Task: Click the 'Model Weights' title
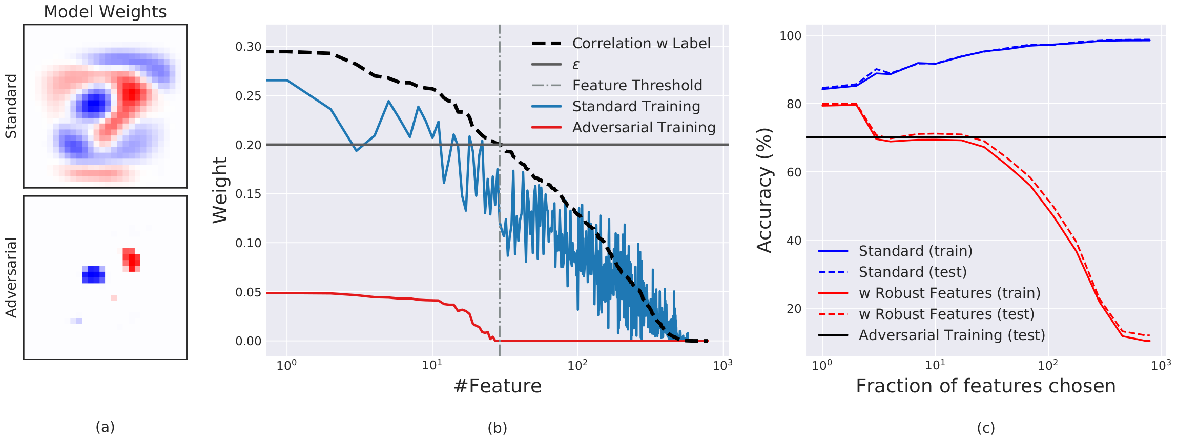[x=105, y=12]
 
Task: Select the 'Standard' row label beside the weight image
[x=11, y=106]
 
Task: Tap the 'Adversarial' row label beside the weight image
[x=11, y=277]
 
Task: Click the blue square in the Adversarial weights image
[x=93, y=274]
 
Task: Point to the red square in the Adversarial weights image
[x=132, y=260]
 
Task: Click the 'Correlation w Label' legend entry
[x=641, y=44]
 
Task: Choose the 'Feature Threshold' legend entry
[x=637, y=86]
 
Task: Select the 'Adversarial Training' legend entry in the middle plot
[x=644, y=128]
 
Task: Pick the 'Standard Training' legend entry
[x=636, y=107]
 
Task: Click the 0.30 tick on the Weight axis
[x=248, y=47]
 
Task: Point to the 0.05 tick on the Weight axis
[x=248, y=292]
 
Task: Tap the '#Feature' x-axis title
[x=498, y=386]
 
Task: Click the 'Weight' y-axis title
[x=220, y=190]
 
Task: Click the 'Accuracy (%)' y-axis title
[x=764, y=190]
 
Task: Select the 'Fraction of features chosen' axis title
[x=985, y=386]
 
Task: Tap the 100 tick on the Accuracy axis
[x=790, y=36]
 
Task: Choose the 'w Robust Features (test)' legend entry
[x=946, y=314]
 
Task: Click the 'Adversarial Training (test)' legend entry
[x=952, y=335]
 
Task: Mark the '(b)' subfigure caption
[x=497, y=428]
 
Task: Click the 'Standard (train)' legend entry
[x=915, y=251]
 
